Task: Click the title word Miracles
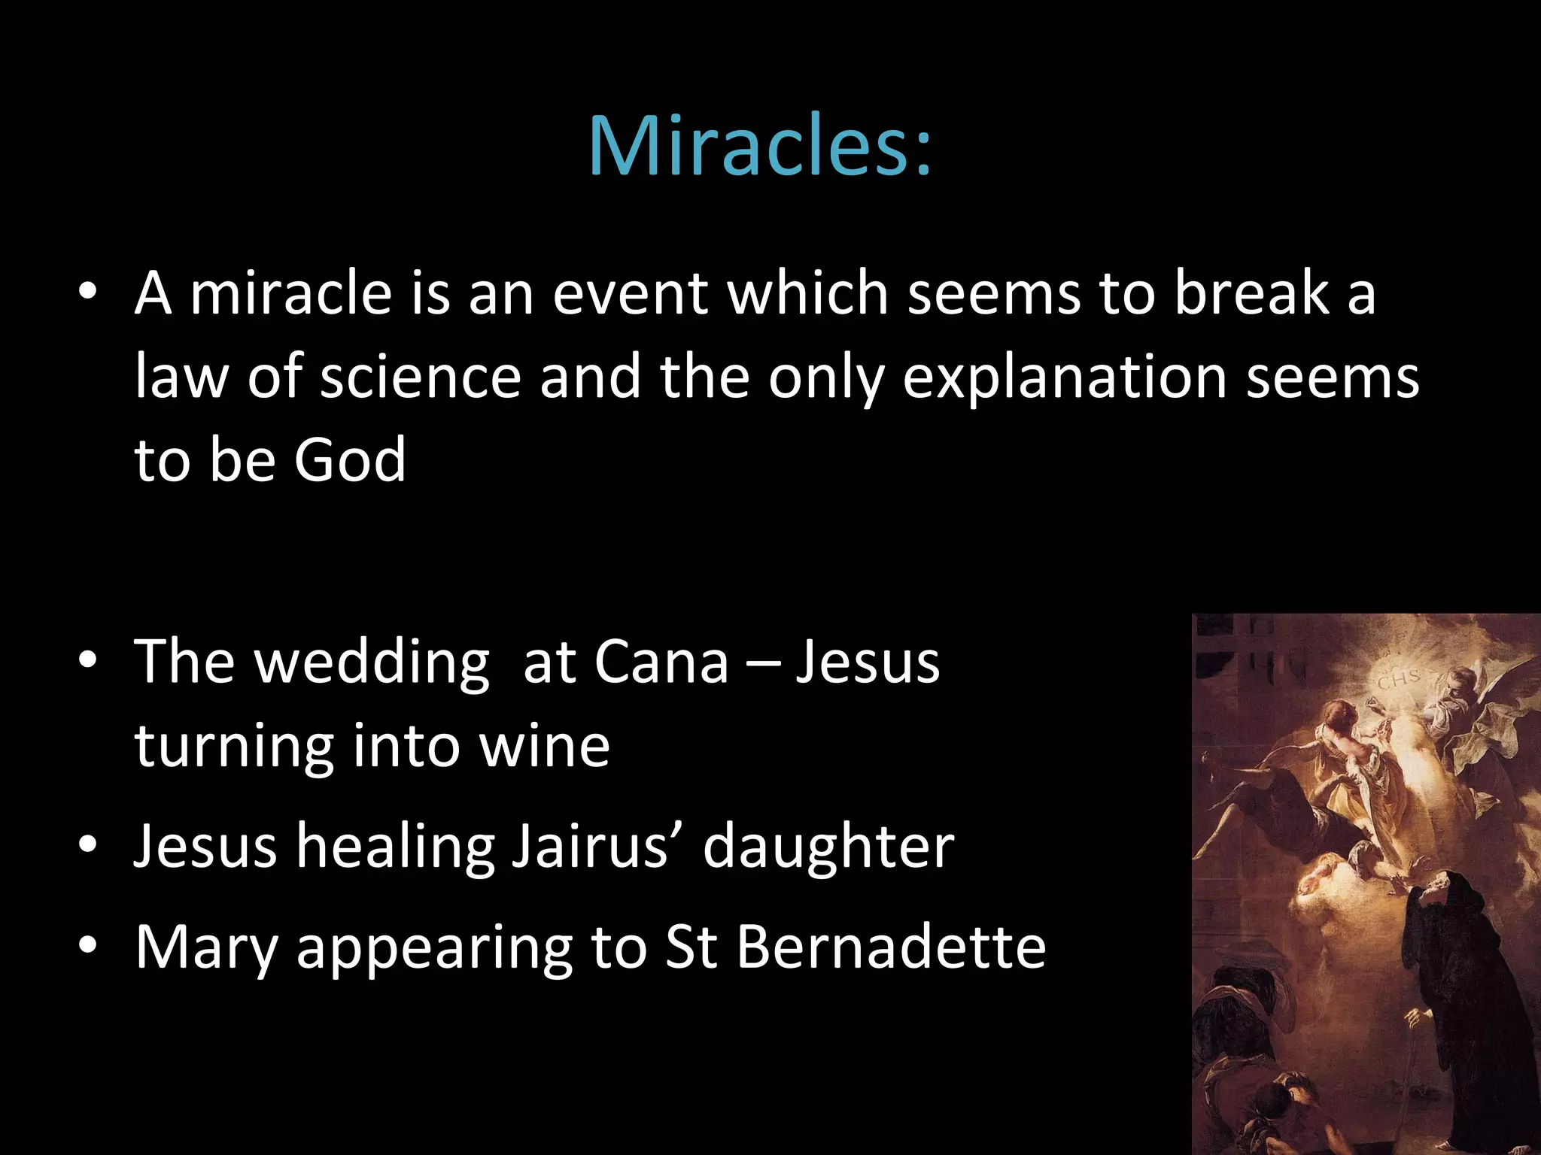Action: point(760,146)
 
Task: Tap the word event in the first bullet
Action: point(631,293)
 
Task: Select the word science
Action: point(421,377)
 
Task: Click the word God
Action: point(350,460)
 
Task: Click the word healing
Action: point(395,847)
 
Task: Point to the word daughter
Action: point(828,847)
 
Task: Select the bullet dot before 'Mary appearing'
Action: point(88,945)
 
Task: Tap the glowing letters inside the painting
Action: point(1399,679)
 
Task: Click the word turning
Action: point(234,747)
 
